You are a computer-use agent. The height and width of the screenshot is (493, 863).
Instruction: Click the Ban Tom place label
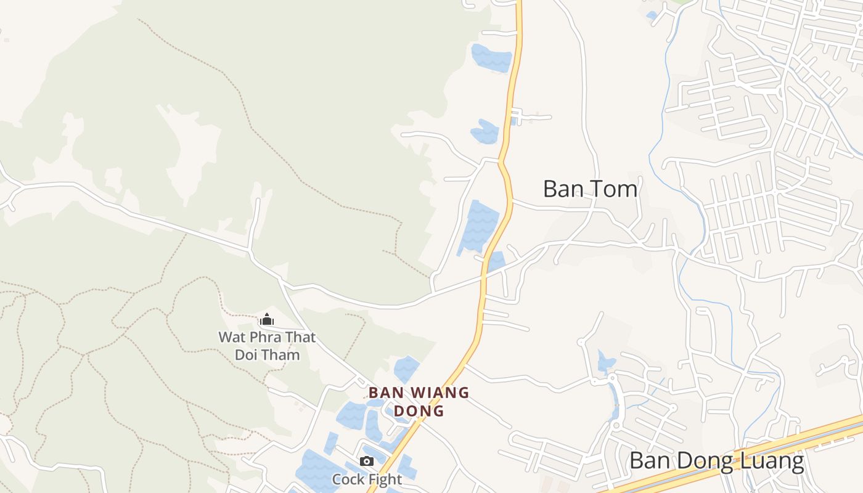point(590,189)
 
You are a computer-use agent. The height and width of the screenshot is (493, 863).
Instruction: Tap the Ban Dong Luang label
point(716,461)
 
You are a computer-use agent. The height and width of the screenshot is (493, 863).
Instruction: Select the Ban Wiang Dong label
point(419,401)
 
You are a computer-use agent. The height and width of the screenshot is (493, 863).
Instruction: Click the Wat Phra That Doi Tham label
point(267,346)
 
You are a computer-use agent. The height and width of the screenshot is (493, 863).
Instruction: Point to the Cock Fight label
point(367,479)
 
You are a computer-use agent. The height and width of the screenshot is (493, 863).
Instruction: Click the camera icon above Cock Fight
point(367,461)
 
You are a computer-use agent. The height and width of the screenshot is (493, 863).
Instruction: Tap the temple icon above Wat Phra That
point(267,319)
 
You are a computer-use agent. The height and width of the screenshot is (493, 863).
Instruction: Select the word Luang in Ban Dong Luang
point(772,461)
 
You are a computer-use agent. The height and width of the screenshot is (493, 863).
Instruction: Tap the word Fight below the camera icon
point(385,479)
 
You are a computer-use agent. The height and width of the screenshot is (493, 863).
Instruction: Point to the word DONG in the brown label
point(419,410)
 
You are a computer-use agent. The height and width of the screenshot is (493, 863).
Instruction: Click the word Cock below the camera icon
point(348,479)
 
